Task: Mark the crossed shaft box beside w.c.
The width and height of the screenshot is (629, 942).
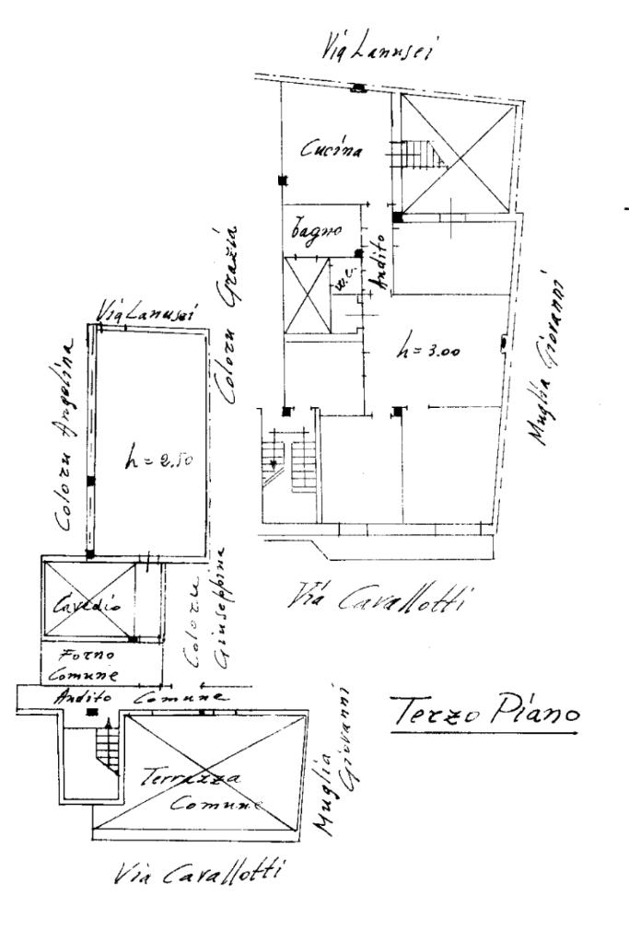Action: coord(307,297)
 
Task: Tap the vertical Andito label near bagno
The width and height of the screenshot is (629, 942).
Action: coord(378,269)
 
